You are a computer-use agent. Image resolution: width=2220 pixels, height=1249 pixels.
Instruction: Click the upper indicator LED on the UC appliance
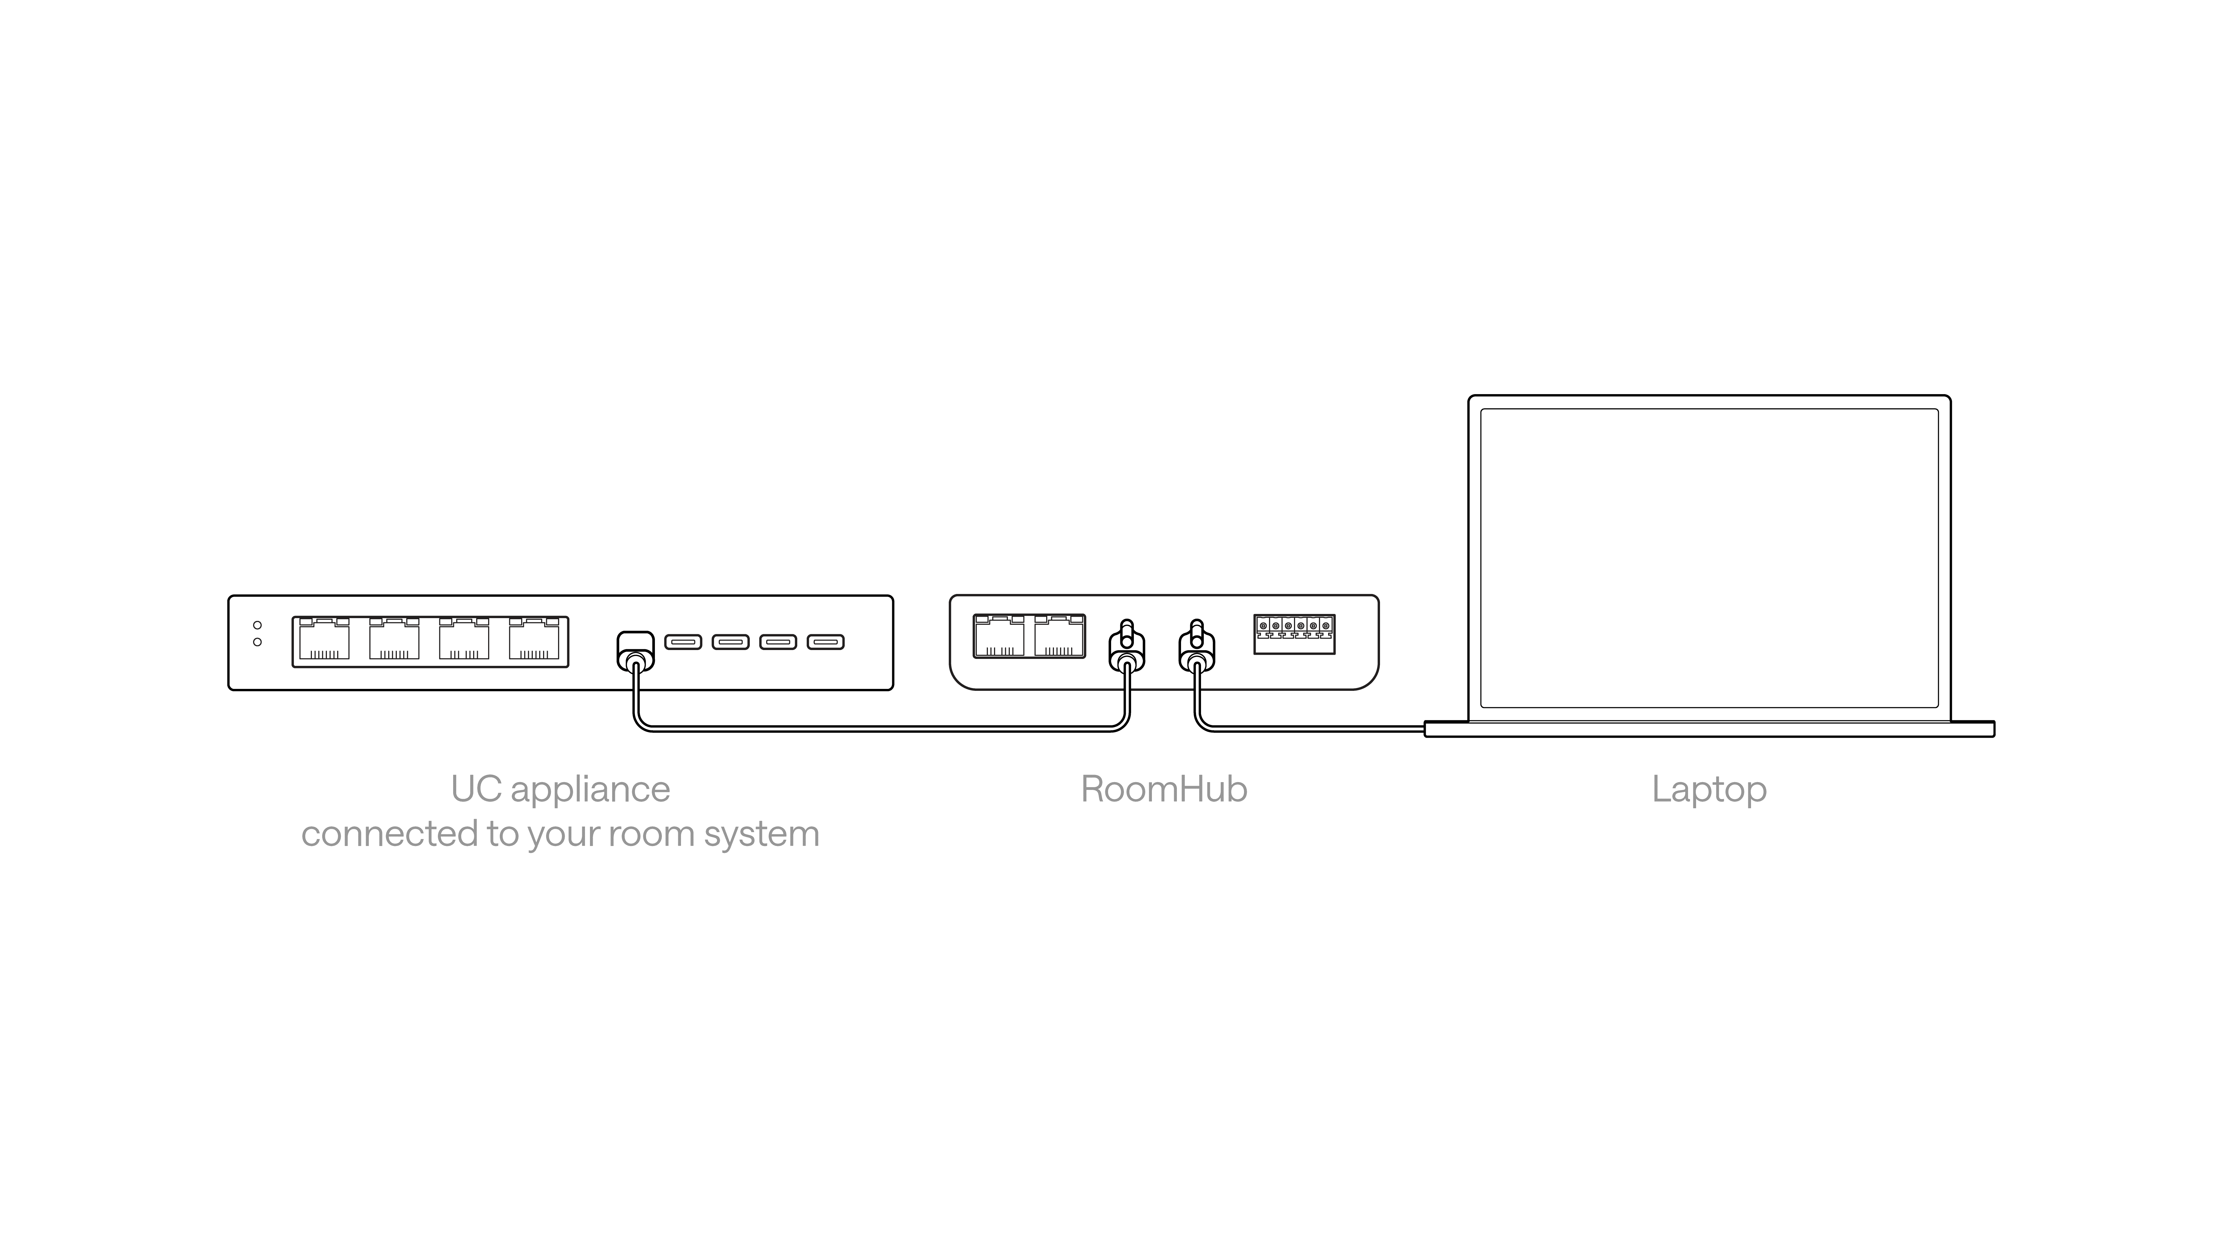257,625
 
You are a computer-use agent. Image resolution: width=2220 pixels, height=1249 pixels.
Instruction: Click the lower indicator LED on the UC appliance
257,642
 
